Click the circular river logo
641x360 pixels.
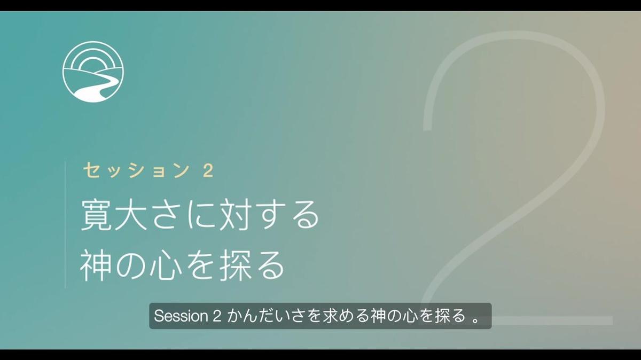point(93,71)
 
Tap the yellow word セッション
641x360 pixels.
point(136,170)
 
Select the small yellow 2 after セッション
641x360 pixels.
point(208,171)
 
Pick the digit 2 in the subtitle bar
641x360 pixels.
point(217,316)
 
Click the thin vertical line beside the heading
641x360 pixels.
point(66,224)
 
